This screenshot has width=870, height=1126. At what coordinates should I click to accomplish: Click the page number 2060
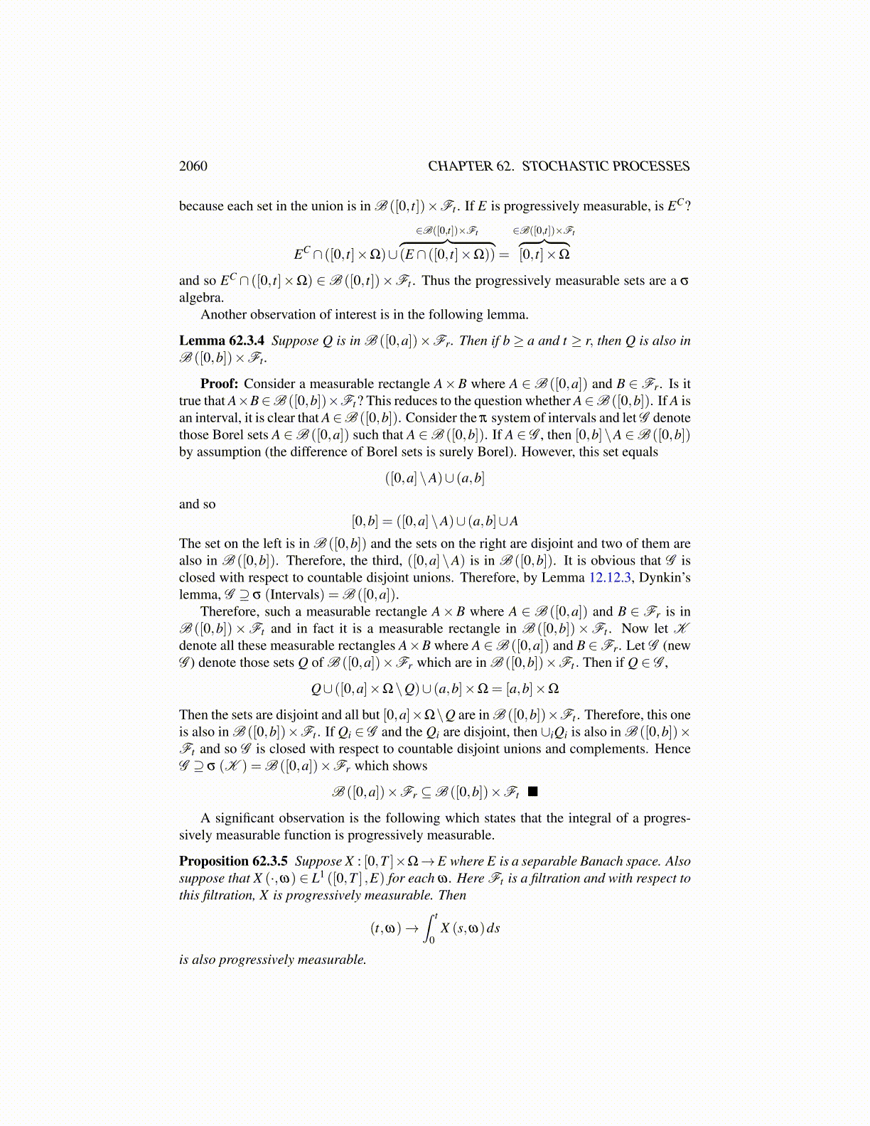point(193,166)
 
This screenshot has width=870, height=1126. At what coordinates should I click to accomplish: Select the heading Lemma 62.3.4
point(221,341)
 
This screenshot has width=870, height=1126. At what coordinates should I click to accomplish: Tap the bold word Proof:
point(219,384)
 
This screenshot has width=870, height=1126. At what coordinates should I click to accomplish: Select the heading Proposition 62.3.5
point(233,862)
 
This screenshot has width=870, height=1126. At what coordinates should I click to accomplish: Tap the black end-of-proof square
point(533,791)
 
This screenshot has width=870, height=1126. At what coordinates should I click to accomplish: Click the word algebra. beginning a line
point(201,298)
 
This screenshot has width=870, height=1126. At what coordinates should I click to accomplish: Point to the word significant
point(246,818)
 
